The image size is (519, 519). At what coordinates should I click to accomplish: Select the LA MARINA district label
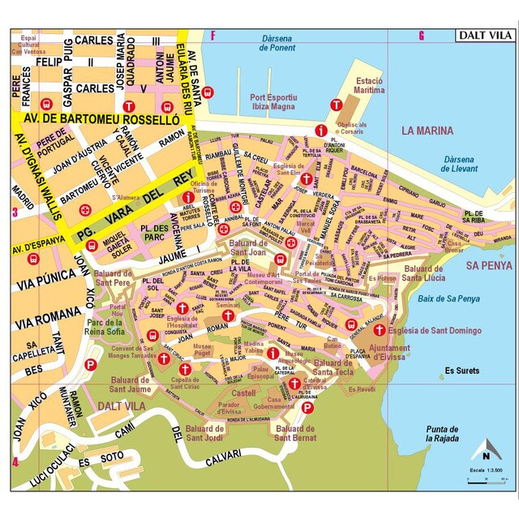431,130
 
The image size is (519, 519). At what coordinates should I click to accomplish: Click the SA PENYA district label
489,265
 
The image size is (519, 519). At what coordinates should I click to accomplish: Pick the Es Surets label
461,371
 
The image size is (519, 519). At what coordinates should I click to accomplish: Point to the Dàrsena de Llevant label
457,164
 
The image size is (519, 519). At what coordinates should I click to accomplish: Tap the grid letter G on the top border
421,35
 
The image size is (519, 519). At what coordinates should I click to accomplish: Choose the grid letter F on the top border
213,35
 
